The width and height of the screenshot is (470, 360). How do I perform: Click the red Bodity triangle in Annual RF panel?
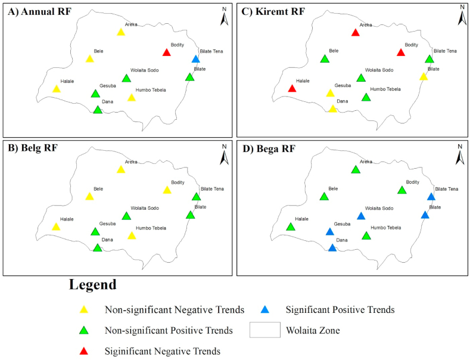point(167,52)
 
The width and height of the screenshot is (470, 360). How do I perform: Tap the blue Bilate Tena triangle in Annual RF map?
point(196,59)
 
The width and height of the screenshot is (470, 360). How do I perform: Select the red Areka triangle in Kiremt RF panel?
point(356,32)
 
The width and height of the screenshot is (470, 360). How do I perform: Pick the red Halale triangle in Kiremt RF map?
point(292,89)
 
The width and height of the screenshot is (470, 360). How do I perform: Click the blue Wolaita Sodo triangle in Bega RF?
point(361,216)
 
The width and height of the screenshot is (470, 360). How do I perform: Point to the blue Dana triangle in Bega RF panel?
point(332,247)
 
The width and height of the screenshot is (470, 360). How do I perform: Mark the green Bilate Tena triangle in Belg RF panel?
point(196,197)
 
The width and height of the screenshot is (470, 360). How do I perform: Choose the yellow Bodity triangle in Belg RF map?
point(167,190)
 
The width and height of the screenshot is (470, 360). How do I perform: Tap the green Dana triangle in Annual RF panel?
point(98,110)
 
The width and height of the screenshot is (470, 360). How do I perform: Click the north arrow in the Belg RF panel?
point(225,156)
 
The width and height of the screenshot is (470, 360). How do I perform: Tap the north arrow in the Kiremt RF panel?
point(462,16)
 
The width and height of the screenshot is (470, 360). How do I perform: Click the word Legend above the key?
point(92,284)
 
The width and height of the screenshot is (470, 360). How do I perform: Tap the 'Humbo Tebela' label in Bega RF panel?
point(385,228)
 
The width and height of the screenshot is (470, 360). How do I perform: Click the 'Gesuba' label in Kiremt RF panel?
point(342,85)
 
